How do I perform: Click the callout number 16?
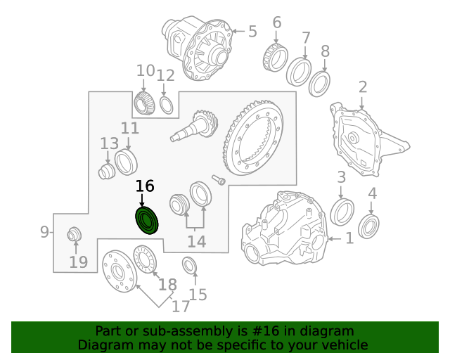(144, 186)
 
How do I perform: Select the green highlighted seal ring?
(147, 221)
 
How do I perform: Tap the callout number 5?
(252, 31)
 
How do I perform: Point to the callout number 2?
(363, 87)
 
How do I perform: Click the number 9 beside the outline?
(44, 232)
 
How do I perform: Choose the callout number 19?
(78, 263)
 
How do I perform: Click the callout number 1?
(349, 239)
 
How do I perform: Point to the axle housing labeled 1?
(285, 229)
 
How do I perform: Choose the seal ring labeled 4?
(369, 226)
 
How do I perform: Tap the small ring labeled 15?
(189, 266)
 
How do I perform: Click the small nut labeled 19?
(73, 235)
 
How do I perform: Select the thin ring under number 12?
(167, 105)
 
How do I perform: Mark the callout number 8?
(325, 51)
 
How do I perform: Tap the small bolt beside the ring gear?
(219, 180)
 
